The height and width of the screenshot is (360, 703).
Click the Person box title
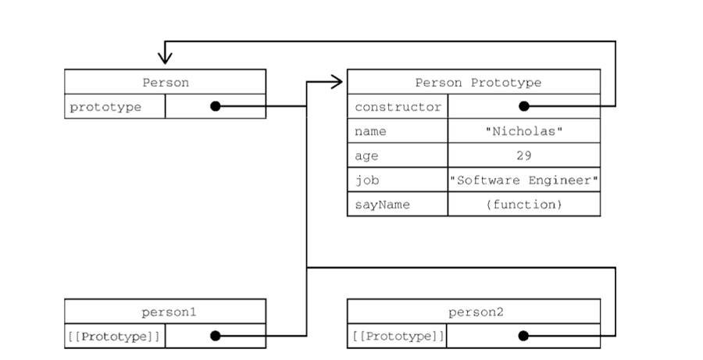tap(165, 82)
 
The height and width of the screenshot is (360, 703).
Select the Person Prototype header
tap(477, 82)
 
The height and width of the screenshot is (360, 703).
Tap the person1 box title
tap(165, 312)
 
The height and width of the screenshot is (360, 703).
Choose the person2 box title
tap(475, 312)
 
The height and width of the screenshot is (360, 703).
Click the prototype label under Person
tap(105, 107)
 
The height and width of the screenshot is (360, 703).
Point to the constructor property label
tap(398, 107)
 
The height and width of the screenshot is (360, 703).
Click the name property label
tap(370, 131)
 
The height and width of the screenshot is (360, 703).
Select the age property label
tap(366, 155)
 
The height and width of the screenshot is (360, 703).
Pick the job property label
tap(366, 180)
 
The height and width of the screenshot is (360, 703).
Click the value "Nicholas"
tap(523, 131)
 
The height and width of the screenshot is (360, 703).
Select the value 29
tap(523, 155)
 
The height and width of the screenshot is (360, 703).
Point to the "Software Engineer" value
tap(524, 180)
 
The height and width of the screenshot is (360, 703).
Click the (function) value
tap(523, 204)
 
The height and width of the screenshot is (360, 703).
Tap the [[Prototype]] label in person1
tap(114, 336)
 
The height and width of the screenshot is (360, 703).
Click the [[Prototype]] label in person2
tap(398, 336)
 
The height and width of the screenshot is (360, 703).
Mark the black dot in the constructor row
tap(523, 106)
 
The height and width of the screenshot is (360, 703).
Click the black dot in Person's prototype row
tap(215, 106)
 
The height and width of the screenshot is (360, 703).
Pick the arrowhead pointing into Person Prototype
tap(337, 80)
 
